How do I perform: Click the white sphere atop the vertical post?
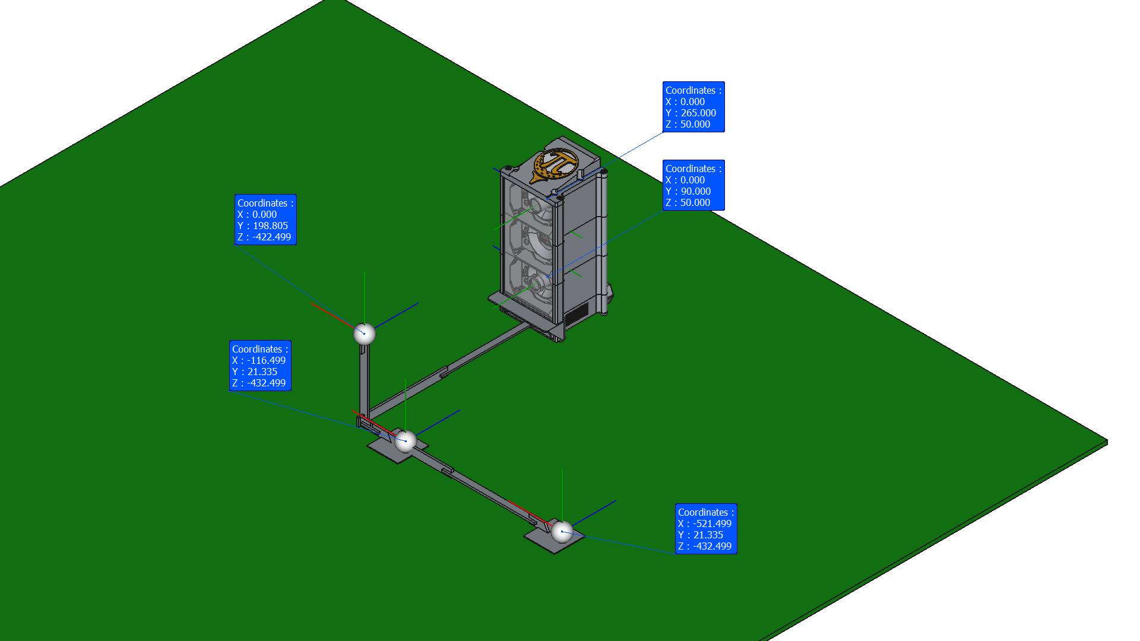coord(365,334)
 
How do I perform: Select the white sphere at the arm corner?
coord(406,441)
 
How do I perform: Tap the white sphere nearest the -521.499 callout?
coord(562,532)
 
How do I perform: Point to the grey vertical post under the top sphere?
coord(364,380)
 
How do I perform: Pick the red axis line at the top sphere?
coord(332,315)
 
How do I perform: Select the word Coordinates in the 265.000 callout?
coord(690,90)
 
